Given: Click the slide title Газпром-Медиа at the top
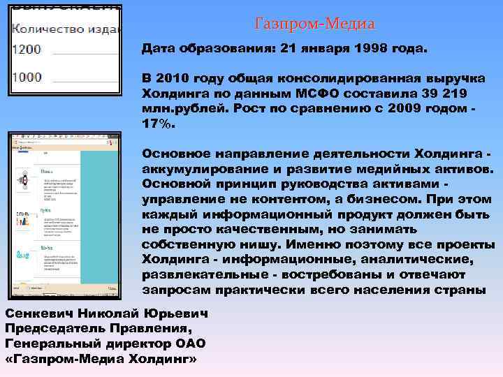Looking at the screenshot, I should pos(315,24).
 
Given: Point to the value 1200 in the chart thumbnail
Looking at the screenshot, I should pos(27,50).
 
